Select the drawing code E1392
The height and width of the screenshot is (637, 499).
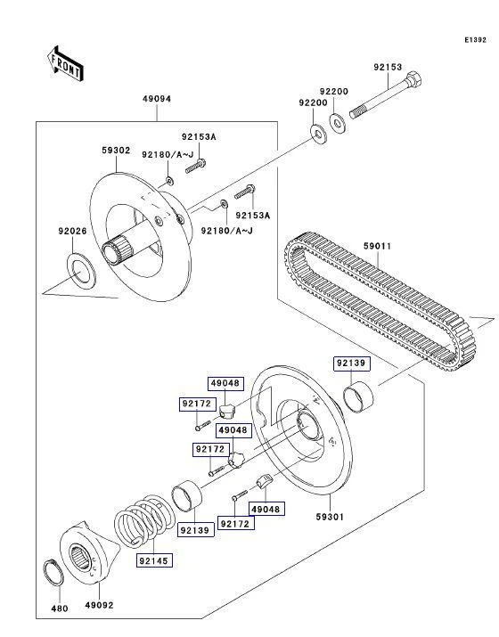pyautogui.click(x=475, y=40)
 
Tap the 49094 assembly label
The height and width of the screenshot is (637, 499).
pyautogui.click(x=157, y=100)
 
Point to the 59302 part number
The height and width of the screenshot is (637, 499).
pyautogui.click(x=116, y=151)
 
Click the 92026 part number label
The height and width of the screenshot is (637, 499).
pyautogui.click(x=73, y=232)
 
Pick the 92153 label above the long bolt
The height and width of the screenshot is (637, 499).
pyautogui.click(x=387, y=68)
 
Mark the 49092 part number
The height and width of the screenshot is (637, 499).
pyautogui.click(x=99, y=605)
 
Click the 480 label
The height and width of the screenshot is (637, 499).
pyautogui.click(x=59, y=609)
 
